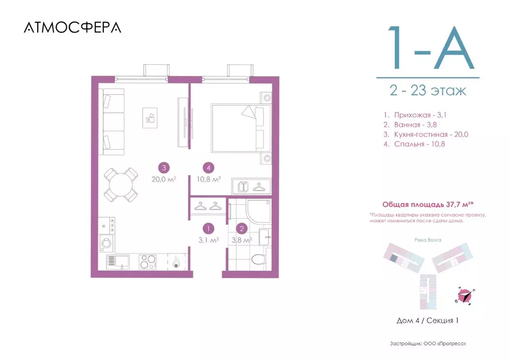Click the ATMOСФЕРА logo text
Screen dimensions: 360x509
tap(72, 27)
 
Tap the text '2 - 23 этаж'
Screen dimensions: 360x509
tap(427, 91)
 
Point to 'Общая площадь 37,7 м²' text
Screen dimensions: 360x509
tap(426, 204)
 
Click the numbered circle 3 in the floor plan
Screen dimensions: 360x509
tap(163, 168)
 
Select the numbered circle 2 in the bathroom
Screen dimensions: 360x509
tap(242, 229)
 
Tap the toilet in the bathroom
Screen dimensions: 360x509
tap(259, 259)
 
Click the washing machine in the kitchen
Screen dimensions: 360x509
tap(106, 243)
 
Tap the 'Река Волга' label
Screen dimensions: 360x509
tap(427, 239)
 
